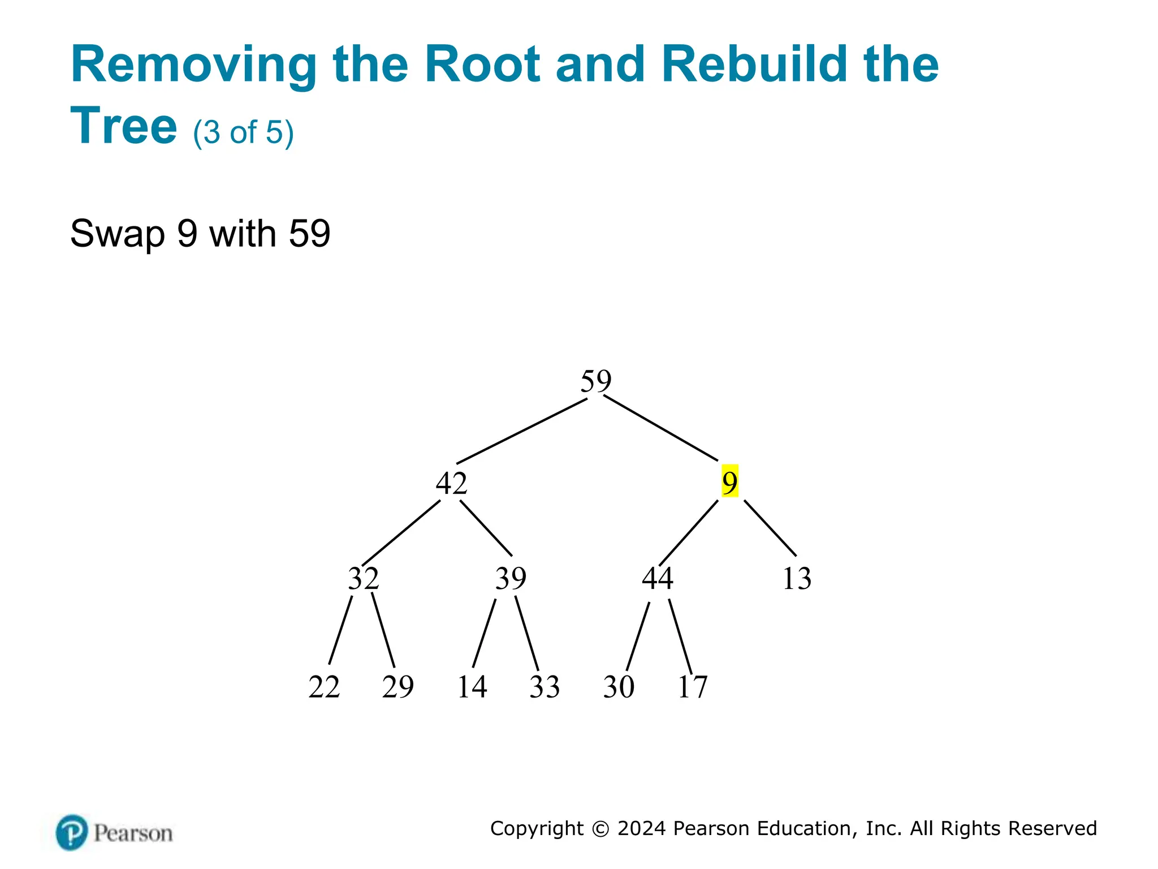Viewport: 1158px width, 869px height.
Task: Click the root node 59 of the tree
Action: point(596,381)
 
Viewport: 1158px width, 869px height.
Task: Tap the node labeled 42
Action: point(451,483)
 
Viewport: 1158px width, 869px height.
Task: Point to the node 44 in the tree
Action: point(657,578)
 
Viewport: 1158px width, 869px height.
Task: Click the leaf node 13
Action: point(797,578)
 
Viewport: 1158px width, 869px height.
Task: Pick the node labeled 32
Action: point(363,578)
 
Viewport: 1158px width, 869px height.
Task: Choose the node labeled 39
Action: point(511,578)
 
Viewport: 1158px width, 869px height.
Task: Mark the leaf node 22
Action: point(324,687)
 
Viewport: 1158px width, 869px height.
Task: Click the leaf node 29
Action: point(397,687)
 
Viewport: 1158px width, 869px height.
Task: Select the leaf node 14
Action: point(472,687)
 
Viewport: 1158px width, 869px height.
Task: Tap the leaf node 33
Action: point(545,687)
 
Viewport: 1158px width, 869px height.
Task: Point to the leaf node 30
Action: point(619,687)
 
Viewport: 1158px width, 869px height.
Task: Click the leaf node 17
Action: point(692,687)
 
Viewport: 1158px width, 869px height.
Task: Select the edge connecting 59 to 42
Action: point(521,431)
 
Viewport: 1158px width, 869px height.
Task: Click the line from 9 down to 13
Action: point(770,528)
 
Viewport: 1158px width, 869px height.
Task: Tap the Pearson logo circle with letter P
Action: point(72,832)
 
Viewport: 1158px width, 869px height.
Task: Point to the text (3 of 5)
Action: point(243,132)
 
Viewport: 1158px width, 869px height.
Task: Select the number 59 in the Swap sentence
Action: point(309,233)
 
